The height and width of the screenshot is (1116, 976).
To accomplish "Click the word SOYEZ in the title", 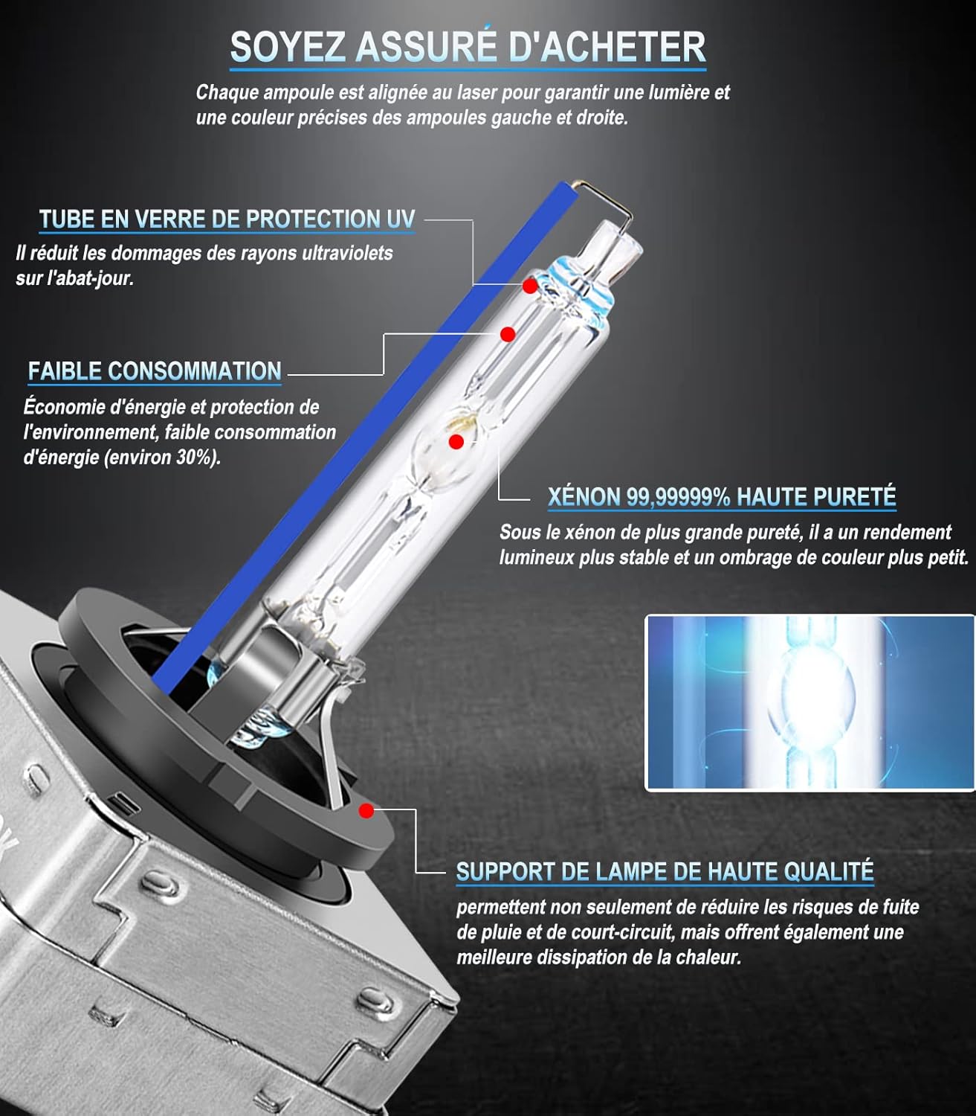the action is (288, 48).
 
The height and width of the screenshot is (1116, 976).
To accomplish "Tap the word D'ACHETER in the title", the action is (607, 47).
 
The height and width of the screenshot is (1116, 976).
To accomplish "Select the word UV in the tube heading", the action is (401, 219).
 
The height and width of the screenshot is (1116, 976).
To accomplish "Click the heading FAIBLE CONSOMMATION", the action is (155, 371).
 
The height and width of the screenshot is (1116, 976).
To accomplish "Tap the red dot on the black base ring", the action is (366, 810).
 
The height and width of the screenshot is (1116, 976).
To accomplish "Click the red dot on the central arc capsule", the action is (456, 442).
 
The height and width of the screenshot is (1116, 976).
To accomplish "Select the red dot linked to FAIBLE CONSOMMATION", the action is (508, 334).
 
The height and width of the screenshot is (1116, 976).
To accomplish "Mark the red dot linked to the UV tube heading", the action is (530, 286).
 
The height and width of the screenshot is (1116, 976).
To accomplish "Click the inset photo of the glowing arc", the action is (809, 702).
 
